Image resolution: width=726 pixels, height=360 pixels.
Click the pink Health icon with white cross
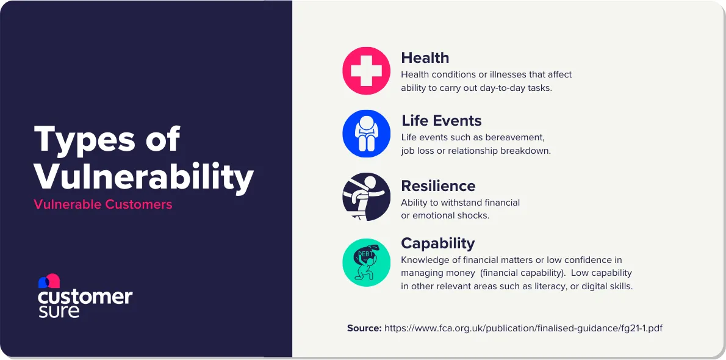pos(366,71)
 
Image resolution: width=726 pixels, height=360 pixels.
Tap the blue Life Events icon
pos(366,134)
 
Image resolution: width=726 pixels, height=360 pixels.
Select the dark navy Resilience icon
pos(366,197)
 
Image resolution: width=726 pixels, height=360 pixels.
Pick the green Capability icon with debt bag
pos(366,262)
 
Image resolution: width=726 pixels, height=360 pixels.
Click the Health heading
pos(425,58)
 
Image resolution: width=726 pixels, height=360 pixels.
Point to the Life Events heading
pos(441,121)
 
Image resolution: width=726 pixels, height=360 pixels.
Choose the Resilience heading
pos(437,185)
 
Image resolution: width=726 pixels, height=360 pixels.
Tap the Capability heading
pos(437,243)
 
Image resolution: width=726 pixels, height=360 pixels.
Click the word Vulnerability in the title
pos(143,177)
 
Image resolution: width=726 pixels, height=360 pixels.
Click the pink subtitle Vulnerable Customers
pos(103,204)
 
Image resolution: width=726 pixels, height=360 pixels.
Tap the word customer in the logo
pos(85,297)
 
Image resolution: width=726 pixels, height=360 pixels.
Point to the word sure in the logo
pos(59,311)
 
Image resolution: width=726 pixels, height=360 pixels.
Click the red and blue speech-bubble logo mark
pos(49,281)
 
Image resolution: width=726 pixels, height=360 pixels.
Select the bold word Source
pos(364,328)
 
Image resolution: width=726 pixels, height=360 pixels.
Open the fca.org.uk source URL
pos(523,328)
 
